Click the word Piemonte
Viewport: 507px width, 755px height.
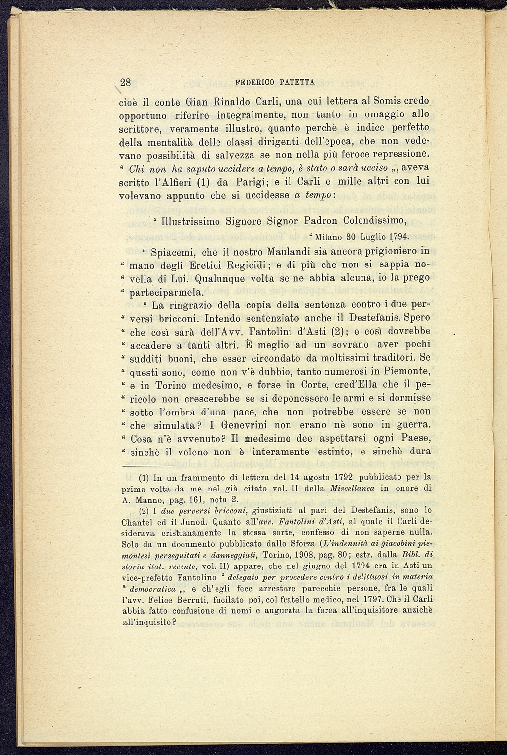(x=405, y=371)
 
